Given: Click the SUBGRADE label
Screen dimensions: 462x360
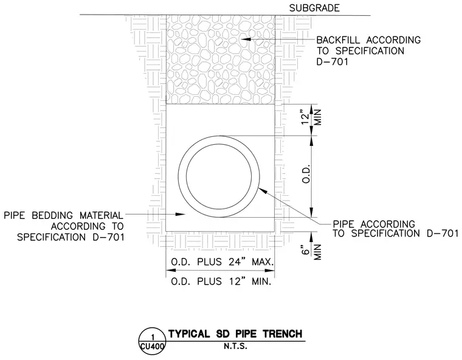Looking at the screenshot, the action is (x=314, y=8).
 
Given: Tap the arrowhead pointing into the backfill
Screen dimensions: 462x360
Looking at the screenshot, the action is (x=246, y=39).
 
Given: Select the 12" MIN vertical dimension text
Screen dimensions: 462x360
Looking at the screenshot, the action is (x=310, y=117).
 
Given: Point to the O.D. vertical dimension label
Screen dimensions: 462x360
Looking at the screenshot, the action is (x=306, y=174).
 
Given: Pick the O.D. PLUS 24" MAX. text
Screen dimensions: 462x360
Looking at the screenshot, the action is (x=222, y=262).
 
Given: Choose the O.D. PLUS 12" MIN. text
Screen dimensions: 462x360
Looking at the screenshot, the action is (x=221, y=282).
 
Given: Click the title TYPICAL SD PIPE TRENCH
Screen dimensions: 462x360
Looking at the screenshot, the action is (x=235, y=334).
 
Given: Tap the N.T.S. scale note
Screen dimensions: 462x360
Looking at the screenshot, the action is (x=235, y=346).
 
